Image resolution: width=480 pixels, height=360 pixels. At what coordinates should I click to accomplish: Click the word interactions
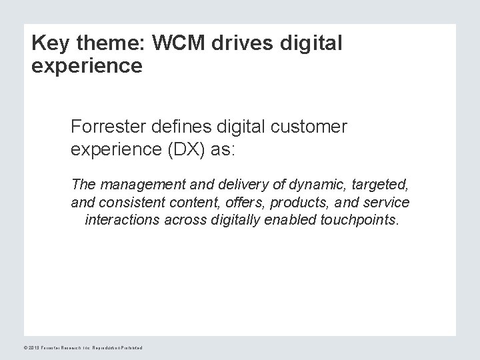(122, 221)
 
